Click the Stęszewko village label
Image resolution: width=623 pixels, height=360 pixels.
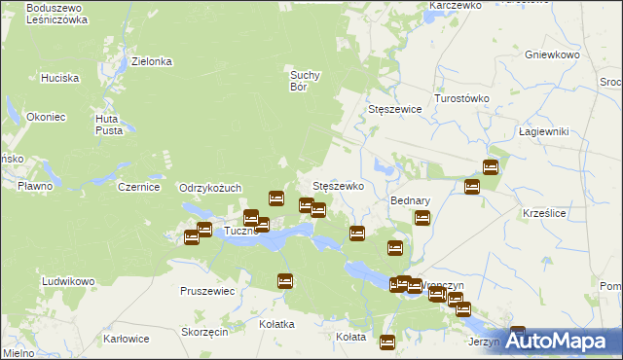(338, 185)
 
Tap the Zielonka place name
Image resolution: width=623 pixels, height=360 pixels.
(152, 61)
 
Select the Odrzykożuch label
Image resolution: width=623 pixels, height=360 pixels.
(210, 188)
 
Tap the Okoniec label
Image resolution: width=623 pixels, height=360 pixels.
(47, 117)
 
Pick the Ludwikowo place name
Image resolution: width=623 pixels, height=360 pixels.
(68, 281)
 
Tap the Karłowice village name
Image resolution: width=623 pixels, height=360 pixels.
(127, 339)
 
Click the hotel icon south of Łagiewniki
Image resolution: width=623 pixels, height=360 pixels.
(491, 167)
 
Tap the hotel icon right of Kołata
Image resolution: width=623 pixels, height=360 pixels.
(387, 342)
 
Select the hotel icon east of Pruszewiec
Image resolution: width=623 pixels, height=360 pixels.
(285, 281)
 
